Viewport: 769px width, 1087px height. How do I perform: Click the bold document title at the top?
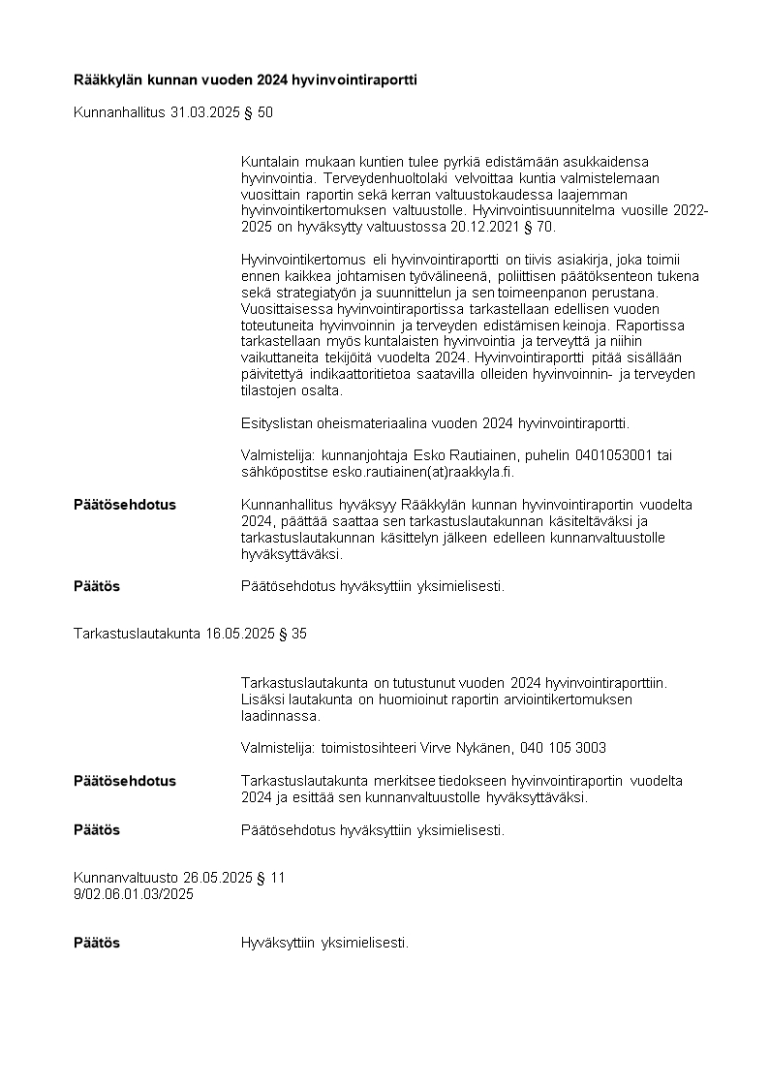pos(245,79)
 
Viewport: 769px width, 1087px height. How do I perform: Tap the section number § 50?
pos(259,112)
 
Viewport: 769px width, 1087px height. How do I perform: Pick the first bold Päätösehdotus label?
pos(125,505)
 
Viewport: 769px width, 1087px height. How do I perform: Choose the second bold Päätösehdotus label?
pos(125,780)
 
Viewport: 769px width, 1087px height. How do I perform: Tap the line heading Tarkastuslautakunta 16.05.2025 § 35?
pos(191,634)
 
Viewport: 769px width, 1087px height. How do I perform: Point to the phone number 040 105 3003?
pos(564,747)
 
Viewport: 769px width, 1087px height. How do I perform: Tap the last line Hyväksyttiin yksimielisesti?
pos(324,942)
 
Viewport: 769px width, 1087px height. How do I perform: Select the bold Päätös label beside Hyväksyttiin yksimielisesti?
pos(97,942)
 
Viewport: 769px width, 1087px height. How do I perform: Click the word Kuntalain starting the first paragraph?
pos(268,161)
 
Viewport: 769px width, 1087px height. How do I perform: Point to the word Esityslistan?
pos(275,423)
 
